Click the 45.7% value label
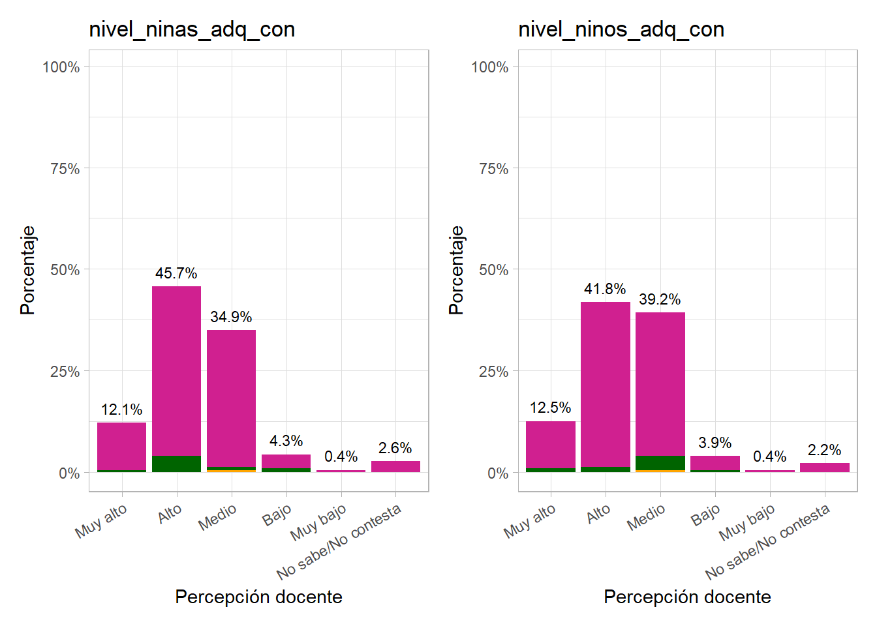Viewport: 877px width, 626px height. [176, 273]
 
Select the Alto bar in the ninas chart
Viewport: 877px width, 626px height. [176, 372]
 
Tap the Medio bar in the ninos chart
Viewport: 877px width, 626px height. [660, 385]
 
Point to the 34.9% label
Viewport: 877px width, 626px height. [231, 317]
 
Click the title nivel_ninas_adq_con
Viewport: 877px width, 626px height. [192, 29]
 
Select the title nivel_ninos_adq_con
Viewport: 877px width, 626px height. [621, 29]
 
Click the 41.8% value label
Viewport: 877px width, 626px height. [605, 289]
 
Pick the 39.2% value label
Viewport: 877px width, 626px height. [660, 299]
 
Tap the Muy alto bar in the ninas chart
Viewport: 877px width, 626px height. [121, 446]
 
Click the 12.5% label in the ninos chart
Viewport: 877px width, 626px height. [550, 408]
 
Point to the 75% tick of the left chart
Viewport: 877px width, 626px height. [65, 169]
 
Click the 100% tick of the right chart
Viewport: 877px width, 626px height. [489, 67]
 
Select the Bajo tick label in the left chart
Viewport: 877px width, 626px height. [277, 516]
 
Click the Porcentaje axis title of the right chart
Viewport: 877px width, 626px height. [456, 270]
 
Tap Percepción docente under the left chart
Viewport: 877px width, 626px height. [258, 597]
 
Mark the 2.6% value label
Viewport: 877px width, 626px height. [395, 448]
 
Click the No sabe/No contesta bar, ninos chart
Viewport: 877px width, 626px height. [825, 468]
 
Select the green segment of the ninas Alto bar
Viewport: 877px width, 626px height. [176, 464]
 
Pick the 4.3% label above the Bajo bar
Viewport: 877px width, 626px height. [286, 441]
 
